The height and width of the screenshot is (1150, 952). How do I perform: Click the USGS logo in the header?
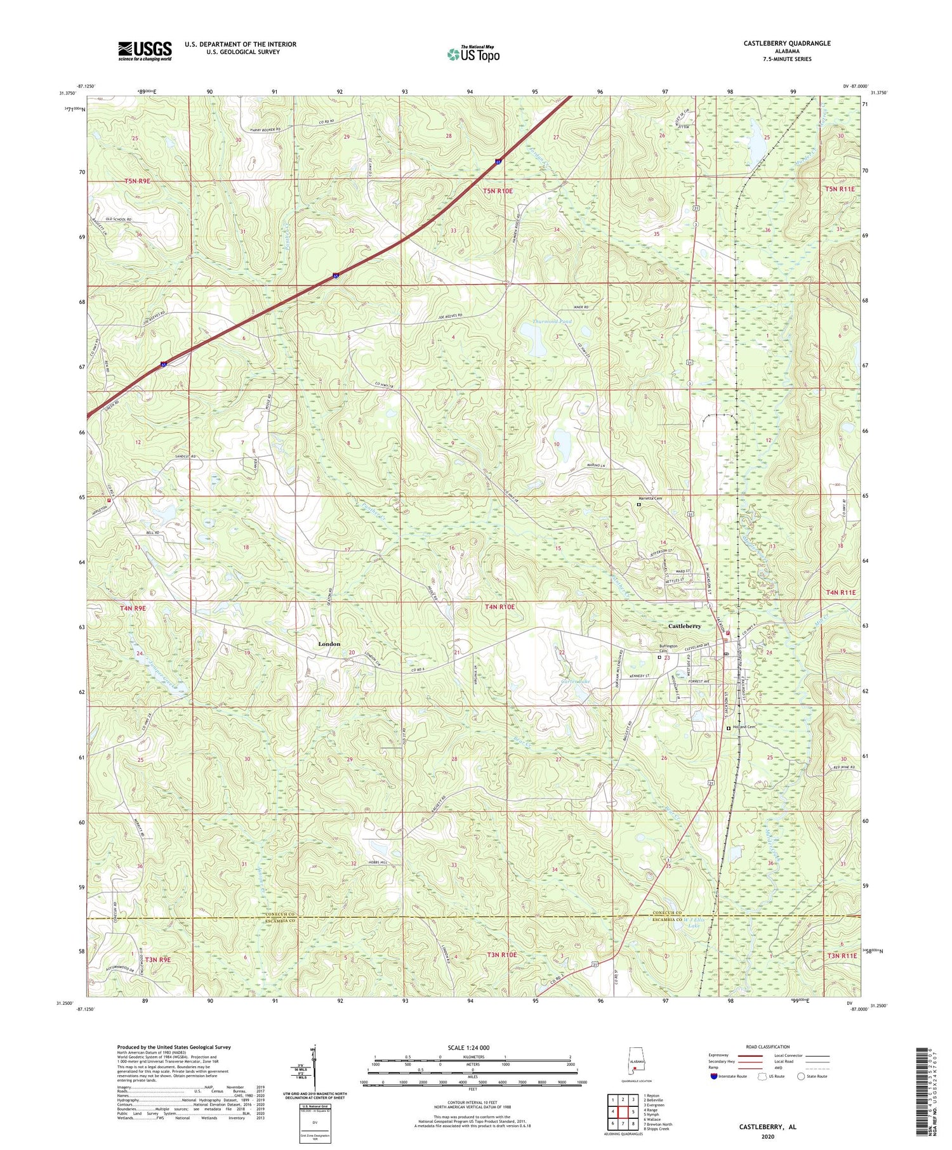tap(145, 51)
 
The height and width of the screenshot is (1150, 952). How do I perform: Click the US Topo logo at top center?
tap(473, 54)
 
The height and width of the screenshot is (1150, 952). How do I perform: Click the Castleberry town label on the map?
tap(684, 626)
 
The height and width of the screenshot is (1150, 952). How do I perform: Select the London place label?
tap(329, 644)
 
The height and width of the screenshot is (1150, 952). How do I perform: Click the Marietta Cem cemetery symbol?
tap(638, 505)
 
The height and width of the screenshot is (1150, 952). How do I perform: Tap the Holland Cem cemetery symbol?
tap(728, 729)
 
